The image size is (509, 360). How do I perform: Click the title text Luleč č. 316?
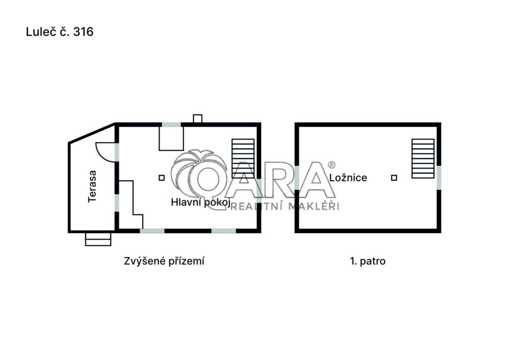click(x=60, y=32)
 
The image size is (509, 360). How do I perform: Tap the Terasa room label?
click(x=92, y=186)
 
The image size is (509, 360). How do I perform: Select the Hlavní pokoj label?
click(x=201, y=202)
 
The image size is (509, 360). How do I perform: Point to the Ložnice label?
click(x=348, y=178)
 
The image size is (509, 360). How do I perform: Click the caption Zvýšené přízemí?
click(x=164, y=261)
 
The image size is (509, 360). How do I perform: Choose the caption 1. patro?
click(x=368, y=261)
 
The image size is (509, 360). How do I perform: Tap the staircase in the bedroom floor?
click(x=423, y=159)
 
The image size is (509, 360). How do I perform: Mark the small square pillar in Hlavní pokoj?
click(x=162, y=178)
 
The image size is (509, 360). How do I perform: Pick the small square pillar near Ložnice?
click(x=394, y=178)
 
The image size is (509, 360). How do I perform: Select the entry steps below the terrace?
click(x=98, y=239)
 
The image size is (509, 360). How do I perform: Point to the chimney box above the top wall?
click(x=198, y=118)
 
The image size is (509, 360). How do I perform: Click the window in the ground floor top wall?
click(x=171, y=125)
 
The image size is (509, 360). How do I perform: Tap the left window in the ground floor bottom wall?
click(x=152, y=231)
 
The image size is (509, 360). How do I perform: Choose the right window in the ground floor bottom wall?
click(x=224, y=231)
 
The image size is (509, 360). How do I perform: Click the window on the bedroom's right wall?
click(x=439, y=178)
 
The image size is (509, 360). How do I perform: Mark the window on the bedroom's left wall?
click(x=297, y=178)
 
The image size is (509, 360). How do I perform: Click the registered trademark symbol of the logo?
click(x=332, y=165)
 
